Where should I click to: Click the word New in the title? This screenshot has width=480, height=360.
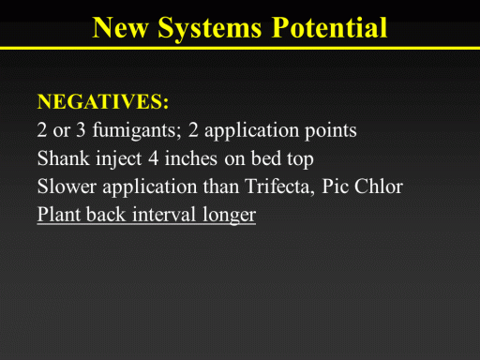click(121, 27)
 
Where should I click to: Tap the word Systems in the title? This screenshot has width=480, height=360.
click(210, 29)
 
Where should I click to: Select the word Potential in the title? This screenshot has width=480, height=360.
click(330, 27)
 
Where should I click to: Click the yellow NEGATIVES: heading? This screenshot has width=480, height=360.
click(103, 101)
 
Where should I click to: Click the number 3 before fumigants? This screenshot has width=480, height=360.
click(81, 130)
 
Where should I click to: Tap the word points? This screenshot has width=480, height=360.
click(331, 130)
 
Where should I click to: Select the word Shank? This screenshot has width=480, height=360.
click(64, 158)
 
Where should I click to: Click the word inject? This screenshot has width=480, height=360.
click(119, 158)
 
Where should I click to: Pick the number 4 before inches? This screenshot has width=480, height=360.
click(153, 158)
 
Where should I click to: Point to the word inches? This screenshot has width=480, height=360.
click(191, 158)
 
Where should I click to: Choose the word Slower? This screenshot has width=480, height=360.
click(67, 187)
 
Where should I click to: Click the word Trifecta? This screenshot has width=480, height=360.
click(279, 187)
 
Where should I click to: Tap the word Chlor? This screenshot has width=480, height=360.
click(379, 187)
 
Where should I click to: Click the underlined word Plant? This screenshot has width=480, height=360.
click(58, 215)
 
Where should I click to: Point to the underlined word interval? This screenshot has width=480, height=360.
click(164, 215)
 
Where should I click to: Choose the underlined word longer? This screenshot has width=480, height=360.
click(229, 216)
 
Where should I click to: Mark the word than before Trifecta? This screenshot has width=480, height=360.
click(221, 187)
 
